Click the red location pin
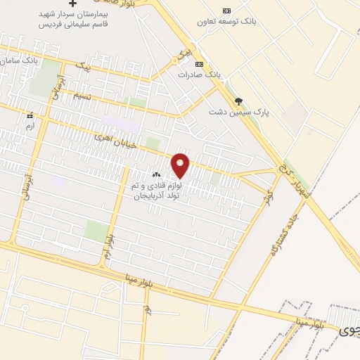click(181, 165)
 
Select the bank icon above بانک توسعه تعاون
click(226, 11)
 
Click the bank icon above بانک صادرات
click(199, 64)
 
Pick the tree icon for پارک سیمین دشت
click(238, 101)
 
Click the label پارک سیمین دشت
click(238, 111)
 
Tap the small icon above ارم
click(30, 115)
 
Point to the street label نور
click(146, 310)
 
